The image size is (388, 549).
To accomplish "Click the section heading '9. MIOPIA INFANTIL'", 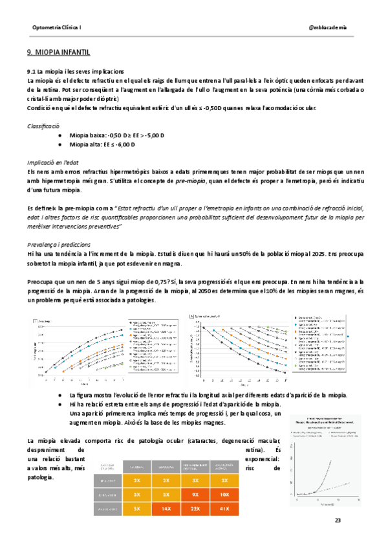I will click(x=58, y=51).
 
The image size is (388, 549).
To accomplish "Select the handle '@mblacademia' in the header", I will click(x=328, y=28).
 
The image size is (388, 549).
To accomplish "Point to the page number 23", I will click(x=337, y=521).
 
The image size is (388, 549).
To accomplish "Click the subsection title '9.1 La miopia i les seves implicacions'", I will click(x=76, y=71).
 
